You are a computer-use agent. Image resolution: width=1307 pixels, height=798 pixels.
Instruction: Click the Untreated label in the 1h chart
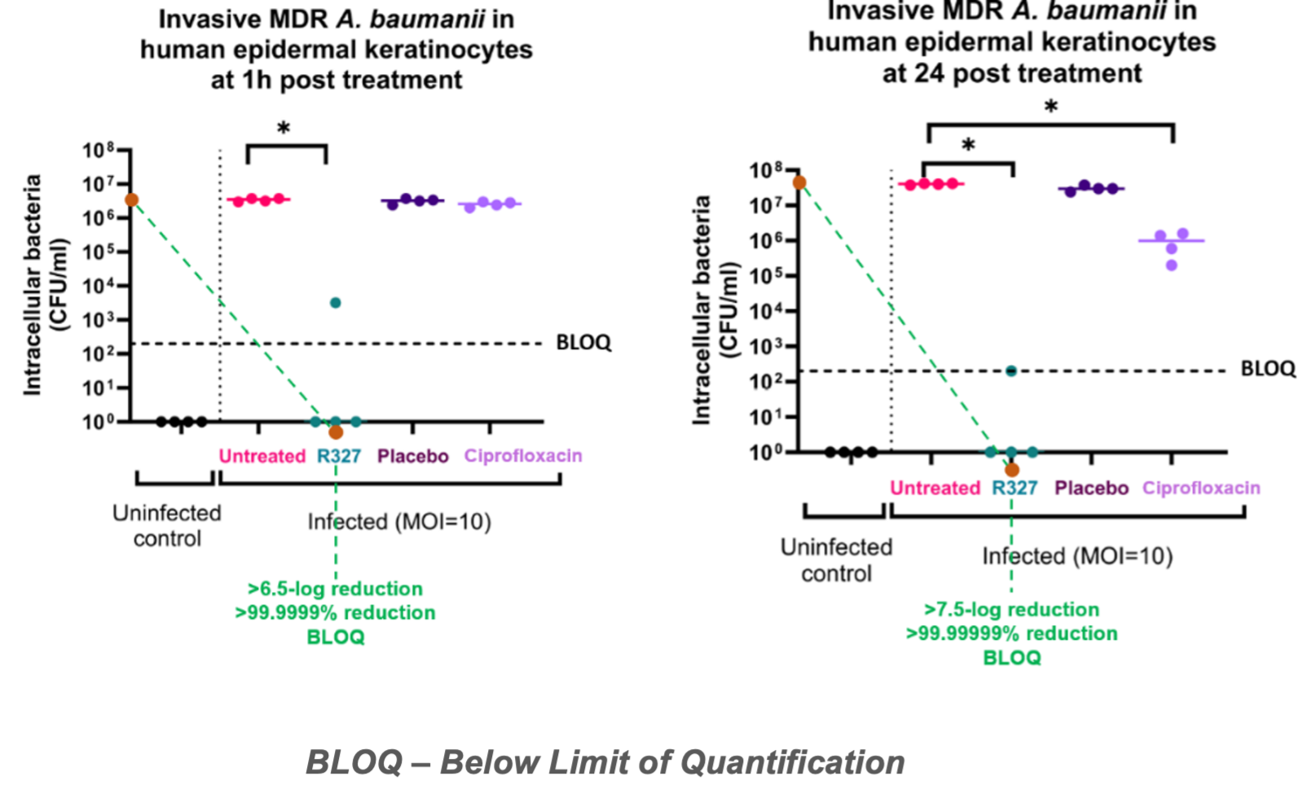tap(262, 456)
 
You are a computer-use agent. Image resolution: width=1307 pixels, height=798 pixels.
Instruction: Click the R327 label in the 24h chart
tap(1014, 488)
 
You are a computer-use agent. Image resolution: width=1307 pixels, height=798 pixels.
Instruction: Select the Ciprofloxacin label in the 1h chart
tap(523, 456)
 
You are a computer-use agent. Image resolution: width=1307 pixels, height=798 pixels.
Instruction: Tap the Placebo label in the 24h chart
tap(1091, 488)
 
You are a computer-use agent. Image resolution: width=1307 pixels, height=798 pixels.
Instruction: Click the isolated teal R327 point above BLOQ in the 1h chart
tap(335, 303)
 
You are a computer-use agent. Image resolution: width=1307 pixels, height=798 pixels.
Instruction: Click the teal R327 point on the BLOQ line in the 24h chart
tap(1011, 371)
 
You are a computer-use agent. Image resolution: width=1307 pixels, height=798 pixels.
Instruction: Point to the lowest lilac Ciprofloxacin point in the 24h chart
tap(1172, 265)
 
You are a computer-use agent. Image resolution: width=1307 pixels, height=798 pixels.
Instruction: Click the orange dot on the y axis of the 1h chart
tap(131, 199)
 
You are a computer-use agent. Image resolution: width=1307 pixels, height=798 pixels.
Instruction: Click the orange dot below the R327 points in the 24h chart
tap(1012, 470)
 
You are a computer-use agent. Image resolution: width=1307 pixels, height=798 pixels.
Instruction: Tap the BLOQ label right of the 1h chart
tap(583, 343)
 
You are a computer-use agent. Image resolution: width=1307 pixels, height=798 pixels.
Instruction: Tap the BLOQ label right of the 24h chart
tap(1268, 369)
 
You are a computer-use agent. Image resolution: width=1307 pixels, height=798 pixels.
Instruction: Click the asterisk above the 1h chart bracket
tap(284, 129)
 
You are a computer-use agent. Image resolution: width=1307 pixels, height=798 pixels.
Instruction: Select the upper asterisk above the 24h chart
tap(1051, 107)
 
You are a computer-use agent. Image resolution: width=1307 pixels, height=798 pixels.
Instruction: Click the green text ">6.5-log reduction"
tap(335, 589)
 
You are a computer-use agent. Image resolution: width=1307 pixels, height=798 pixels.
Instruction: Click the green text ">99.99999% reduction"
tap(1011, 634)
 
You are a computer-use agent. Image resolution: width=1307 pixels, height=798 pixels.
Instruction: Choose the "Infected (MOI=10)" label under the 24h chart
tap(1077, 556)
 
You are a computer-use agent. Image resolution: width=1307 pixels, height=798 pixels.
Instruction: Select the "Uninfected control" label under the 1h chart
tap(167, 526)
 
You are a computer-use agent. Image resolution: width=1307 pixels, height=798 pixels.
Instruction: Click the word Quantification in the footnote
tap(791, 763)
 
